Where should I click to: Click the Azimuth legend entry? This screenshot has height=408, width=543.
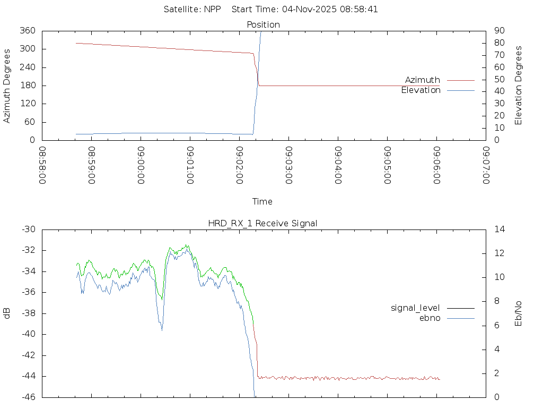(423, 80)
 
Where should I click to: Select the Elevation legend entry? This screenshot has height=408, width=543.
(421, 90)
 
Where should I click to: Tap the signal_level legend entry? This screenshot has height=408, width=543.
(415, 308)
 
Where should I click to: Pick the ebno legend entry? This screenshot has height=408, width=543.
(430, 318)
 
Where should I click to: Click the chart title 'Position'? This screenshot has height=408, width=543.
(264, 25)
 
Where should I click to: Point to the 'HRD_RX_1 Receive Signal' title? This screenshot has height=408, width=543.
(263, 224)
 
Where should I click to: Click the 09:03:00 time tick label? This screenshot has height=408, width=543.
(288, 165)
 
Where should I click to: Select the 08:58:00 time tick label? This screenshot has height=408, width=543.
(43, 165)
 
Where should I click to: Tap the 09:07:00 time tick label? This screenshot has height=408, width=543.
(486, 165)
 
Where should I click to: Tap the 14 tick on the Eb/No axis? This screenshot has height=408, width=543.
(500, 229)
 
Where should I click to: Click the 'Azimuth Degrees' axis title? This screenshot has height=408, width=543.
(7, 86)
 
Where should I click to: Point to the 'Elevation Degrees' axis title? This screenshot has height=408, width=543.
(519, 85)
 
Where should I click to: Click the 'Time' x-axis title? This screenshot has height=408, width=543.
(262, 202)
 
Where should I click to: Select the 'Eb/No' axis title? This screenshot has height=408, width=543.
(519, 313)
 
